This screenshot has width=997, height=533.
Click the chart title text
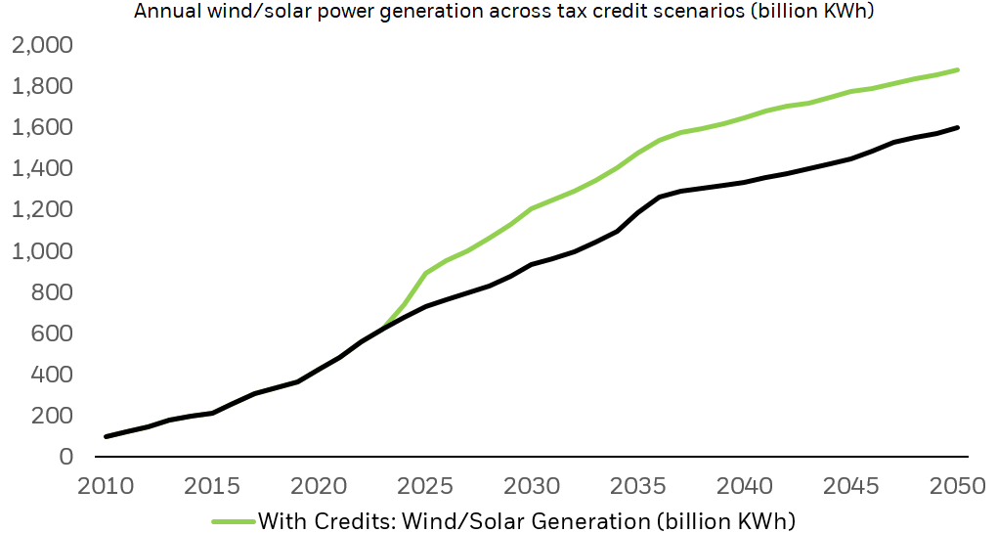pos(504,12)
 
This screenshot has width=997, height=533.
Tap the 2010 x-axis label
pos(105,485)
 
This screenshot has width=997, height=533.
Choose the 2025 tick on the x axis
pos(426,485)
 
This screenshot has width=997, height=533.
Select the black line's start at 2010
pos(106,436)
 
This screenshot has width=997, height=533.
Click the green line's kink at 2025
pos(426,273)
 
